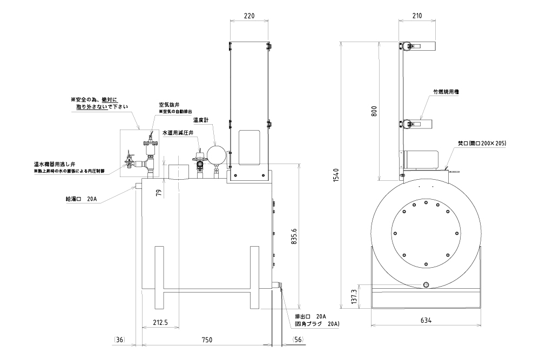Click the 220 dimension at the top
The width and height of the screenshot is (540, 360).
tap(249, 15)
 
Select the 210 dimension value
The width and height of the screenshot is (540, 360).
tap(417, 15)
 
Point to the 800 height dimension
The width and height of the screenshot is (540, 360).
tap(374, 111)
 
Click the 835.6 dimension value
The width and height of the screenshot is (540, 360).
tap(294, 235)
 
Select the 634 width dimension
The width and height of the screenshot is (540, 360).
tap(426, 321)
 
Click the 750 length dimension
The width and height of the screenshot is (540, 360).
tap(206, 339)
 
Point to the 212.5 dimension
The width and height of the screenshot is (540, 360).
tap(160, 322)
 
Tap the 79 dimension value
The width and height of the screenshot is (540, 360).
tap(158, 192)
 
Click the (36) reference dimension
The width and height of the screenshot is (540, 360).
tap(120, 339)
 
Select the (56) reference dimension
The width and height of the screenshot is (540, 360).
tap(298, 339)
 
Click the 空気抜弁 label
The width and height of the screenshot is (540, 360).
tap(168, 105)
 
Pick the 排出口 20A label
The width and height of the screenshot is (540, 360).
tap(314, 316)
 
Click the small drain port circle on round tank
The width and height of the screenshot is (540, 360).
tap(426, 284)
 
